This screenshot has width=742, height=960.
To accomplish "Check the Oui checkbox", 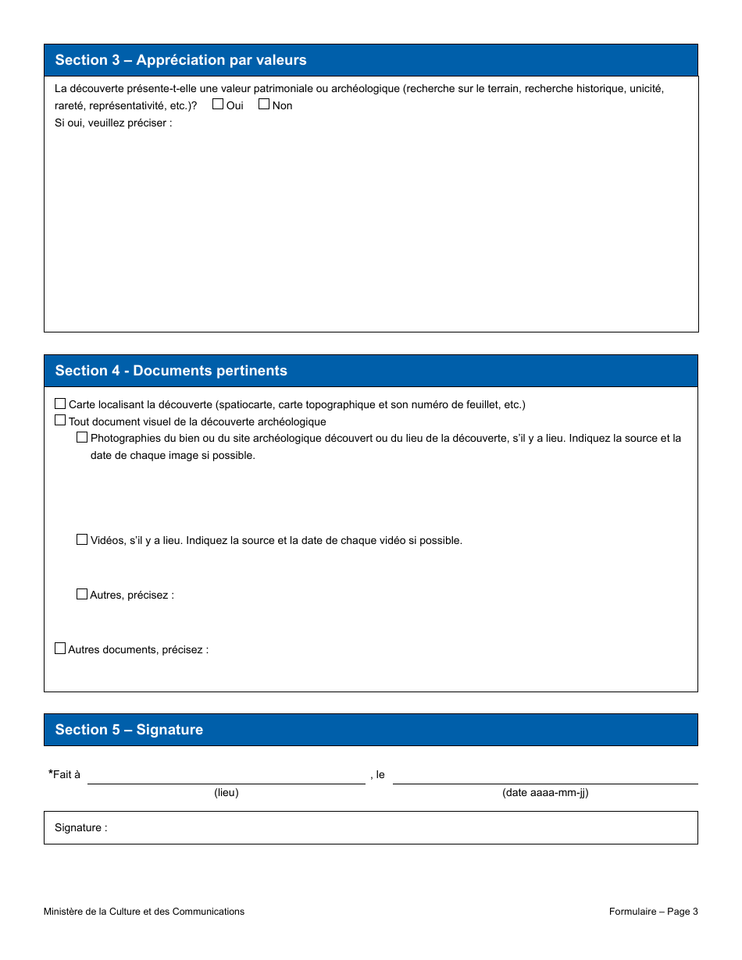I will coord(218,104).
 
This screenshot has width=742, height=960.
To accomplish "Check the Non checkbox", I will coord(264,104).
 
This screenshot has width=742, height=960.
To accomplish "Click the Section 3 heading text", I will coord(180,60).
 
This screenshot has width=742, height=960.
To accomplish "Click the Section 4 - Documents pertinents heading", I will coord(171,371).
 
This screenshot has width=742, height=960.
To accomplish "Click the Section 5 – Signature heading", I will coord(129,730).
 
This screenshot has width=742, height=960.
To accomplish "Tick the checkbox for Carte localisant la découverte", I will coord(60,404).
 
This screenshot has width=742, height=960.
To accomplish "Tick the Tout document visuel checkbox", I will coord(60,420).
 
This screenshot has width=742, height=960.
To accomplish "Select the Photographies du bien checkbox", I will coord(82,437).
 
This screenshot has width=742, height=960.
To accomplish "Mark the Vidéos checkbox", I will coord(82,539).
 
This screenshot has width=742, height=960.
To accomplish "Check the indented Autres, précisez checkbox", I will coord(82,594).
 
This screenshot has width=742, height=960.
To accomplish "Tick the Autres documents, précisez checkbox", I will coord(60,649).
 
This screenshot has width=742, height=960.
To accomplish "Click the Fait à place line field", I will coord(227,776).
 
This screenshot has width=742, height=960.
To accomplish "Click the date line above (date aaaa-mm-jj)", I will coord(545,776).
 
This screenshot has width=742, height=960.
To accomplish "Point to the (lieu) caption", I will coord(227,793).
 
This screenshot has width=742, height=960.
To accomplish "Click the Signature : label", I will coord(81,828).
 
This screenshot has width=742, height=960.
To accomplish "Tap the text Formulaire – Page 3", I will coord(654,912).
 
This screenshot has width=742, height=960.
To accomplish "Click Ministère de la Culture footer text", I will coord(144,912).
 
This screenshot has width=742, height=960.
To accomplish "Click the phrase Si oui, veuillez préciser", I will coord(113,123).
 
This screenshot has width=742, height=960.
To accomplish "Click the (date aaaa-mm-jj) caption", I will coord(545,793).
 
